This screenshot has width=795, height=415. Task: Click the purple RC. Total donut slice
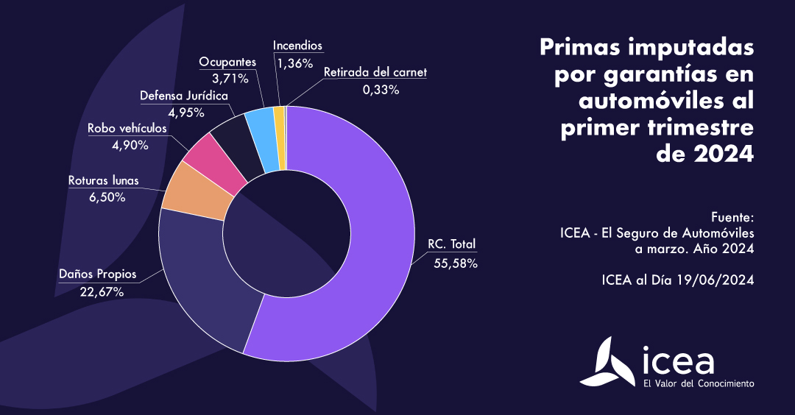pyautogui.click(x=368, y=243)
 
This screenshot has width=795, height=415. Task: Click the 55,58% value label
pyautogui.click(x=456, y=263)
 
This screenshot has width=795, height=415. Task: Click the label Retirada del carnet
pyautogui.click(x=375, y=72)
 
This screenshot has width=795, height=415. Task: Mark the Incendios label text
pyautogui.click(x=297, y=46)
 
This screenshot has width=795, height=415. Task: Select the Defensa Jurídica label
pyautogui.click(x=184, y=96)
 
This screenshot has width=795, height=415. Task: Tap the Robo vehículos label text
pyautogui.click(x=127, y=128)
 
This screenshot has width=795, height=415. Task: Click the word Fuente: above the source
pyautogui.click(x=733, y=218)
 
